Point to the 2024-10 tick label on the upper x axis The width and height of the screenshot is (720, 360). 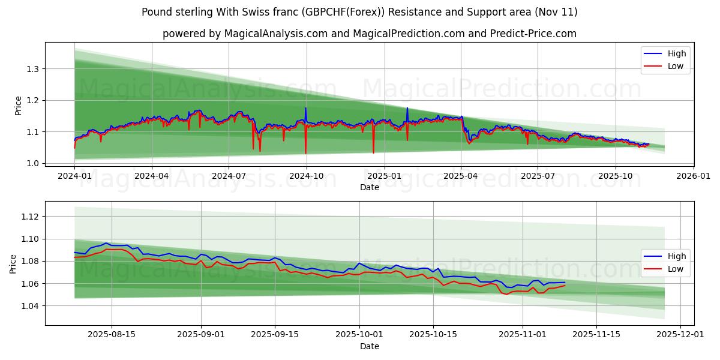307,176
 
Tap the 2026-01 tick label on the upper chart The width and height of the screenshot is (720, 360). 693,176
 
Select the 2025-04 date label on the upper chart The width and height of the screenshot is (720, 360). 461,176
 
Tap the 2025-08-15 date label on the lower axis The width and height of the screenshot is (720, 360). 112,334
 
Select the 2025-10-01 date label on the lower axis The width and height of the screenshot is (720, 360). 359,334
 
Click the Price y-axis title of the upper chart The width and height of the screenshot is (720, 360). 18,106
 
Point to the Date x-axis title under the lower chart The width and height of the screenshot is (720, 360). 370,346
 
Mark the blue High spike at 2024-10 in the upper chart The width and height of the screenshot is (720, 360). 305,109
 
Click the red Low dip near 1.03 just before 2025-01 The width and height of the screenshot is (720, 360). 373,151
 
